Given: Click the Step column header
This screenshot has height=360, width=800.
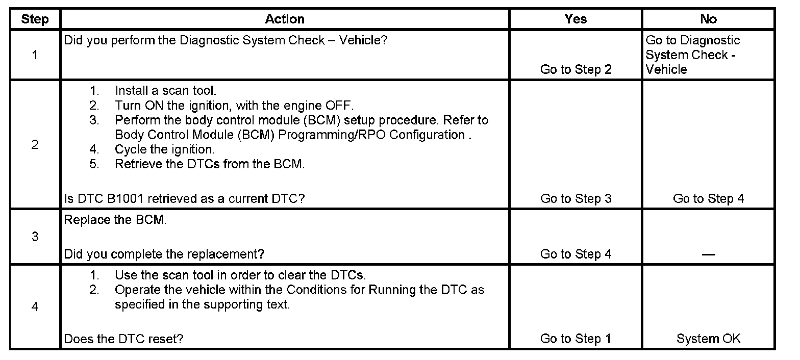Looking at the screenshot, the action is tap(35, 19).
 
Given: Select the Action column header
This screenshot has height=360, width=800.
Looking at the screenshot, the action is tap(285, 19).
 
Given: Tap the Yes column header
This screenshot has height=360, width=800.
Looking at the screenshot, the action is tap(576, 19).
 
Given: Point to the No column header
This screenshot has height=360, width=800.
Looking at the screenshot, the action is tap(708, 19).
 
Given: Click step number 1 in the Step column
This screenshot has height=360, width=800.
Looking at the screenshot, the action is tap(35, 55).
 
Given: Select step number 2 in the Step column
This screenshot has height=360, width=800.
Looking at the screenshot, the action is tap(35, 144).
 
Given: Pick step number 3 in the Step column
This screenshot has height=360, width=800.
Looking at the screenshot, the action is tap(35, 237).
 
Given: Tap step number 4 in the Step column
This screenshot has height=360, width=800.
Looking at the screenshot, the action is tap(35, 307).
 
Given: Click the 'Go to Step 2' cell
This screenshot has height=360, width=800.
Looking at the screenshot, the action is tap(576, 70).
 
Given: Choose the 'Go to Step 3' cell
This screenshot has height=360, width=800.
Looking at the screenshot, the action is tap(576, 199).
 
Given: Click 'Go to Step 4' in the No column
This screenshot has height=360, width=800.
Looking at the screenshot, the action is tap(708, 199).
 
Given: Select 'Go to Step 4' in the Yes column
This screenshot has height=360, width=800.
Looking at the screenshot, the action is tap(576, 254).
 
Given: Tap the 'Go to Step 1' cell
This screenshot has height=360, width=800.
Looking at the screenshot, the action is tap(576, 339).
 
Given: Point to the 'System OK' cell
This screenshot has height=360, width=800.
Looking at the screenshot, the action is tap(708, 339).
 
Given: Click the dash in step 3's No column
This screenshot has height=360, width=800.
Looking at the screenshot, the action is tap(708, 254).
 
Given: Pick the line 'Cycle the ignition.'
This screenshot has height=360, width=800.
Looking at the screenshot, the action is tap(164, 150).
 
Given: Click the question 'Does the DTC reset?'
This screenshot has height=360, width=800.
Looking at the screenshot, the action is tap(123, 339).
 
